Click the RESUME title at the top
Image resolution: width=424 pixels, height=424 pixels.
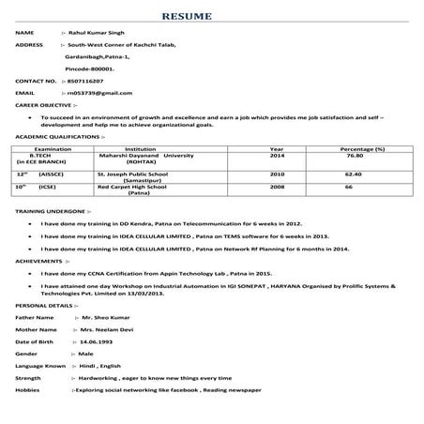[x=212, y=17]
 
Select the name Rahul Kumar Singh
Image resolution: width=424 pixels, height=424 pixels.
[x=98, y=32]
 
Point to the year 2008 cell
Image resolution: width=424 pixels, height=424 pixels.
[x=277, y=188]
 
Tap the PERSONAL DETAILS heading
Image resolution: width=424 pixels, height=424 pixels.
[x=47, y=306]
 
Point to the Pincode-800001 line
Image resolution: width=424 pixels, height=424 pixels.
[x=90, y=68]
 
